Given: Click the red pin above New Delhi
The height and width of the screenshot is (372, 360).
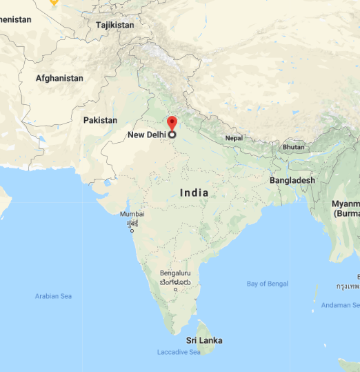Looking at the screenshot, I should (172, 124).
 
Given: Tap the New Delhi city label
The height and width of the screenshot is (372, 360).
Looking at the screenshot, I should (146, 135).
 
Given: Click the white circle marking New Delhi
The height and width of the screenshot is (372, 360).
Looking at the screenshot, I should (172, 135).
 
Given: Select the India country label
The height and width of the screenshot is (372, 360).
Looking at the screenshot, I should (194, 193).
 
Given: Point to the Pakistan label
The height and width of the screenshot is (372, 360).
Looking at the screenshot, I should (100, 120).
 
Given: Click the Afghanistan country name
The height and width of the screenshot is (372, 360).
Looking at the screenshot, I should (59, 79).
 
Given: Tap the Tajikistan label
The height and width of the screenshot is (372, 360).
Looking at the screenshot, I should (115, 25).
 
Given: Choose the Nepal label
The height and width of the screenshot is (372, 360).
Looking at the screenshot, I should (234, 138).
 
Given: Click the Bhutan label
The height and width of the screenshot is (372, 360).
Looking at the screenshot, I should (293, 147).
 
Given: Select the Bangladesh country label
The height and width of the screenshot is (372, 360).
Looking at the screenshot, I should (292, 180).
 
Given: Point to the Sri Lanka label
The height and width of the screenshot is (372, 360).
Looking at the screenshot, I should (204, 340).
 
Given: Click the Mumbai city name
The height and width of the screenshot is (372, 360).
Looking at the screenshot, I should (132, 214).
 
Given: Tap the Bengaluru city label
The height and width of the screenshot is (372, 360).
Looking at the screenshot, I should (176, 274).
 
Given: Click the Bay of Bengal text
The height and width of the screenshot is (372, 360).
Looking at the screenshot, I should (268, 284).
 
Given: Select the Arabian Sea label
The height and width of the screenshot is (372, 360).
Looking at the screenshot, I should (53, 296).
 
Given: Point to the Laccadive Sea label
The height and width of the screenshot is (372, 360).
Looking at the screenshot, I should (178, 353).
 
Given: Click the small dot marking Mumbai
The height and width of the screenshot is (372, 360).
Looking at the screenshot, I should (131, 230).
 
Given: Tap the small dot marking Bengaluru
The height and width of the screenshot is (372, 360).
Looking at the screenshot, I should (175, 289).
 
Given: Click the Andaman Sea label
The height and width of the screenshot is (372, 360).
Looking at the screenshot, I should (341, 304).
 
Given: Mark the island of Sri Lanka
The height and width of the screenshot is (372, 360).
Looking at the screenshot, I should (205, 329).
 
